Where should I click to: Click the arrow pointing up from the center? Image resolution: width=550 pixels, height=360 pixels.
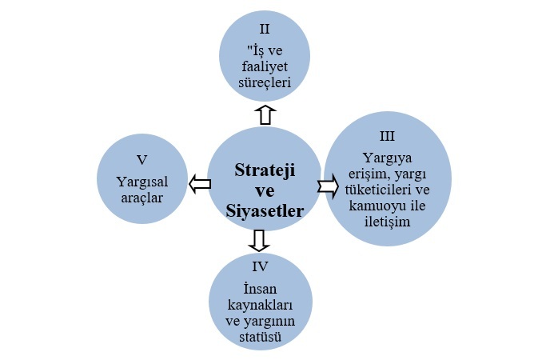click(266, 114)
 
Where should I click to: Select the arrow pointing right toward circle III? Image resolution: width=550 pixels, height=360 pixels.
click(328, 186)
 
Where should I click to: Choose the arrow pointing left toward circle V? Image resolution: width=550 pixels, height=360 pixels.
click(199, 185)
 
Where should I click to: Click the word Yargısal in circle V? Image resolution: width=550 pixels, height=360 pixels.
click(141, 181)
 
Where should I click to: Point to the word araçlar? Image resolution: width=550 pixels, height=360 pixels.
click(141, 197)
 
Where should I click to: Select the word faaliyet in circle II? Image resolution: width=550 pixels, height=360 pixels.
click(266, 66)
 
